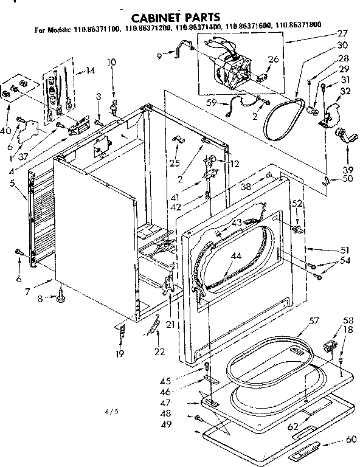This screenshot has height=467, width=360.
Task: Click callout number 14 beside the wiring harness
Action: (91, 71)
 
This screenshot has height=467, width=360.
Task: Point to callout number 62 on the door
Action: (293, 427)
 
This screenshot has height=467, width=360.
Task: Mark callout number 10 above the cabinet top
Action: (112, 63)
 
